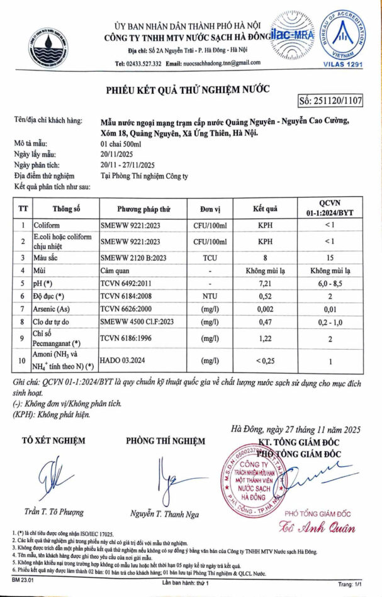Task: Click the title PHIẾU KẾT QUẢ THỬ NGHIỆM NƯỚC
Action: (x=191, y=88)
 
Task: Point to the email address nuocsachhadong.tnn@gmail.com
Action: (x=222, y=64)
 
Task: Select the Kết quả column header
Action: (x=265, y=208)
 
